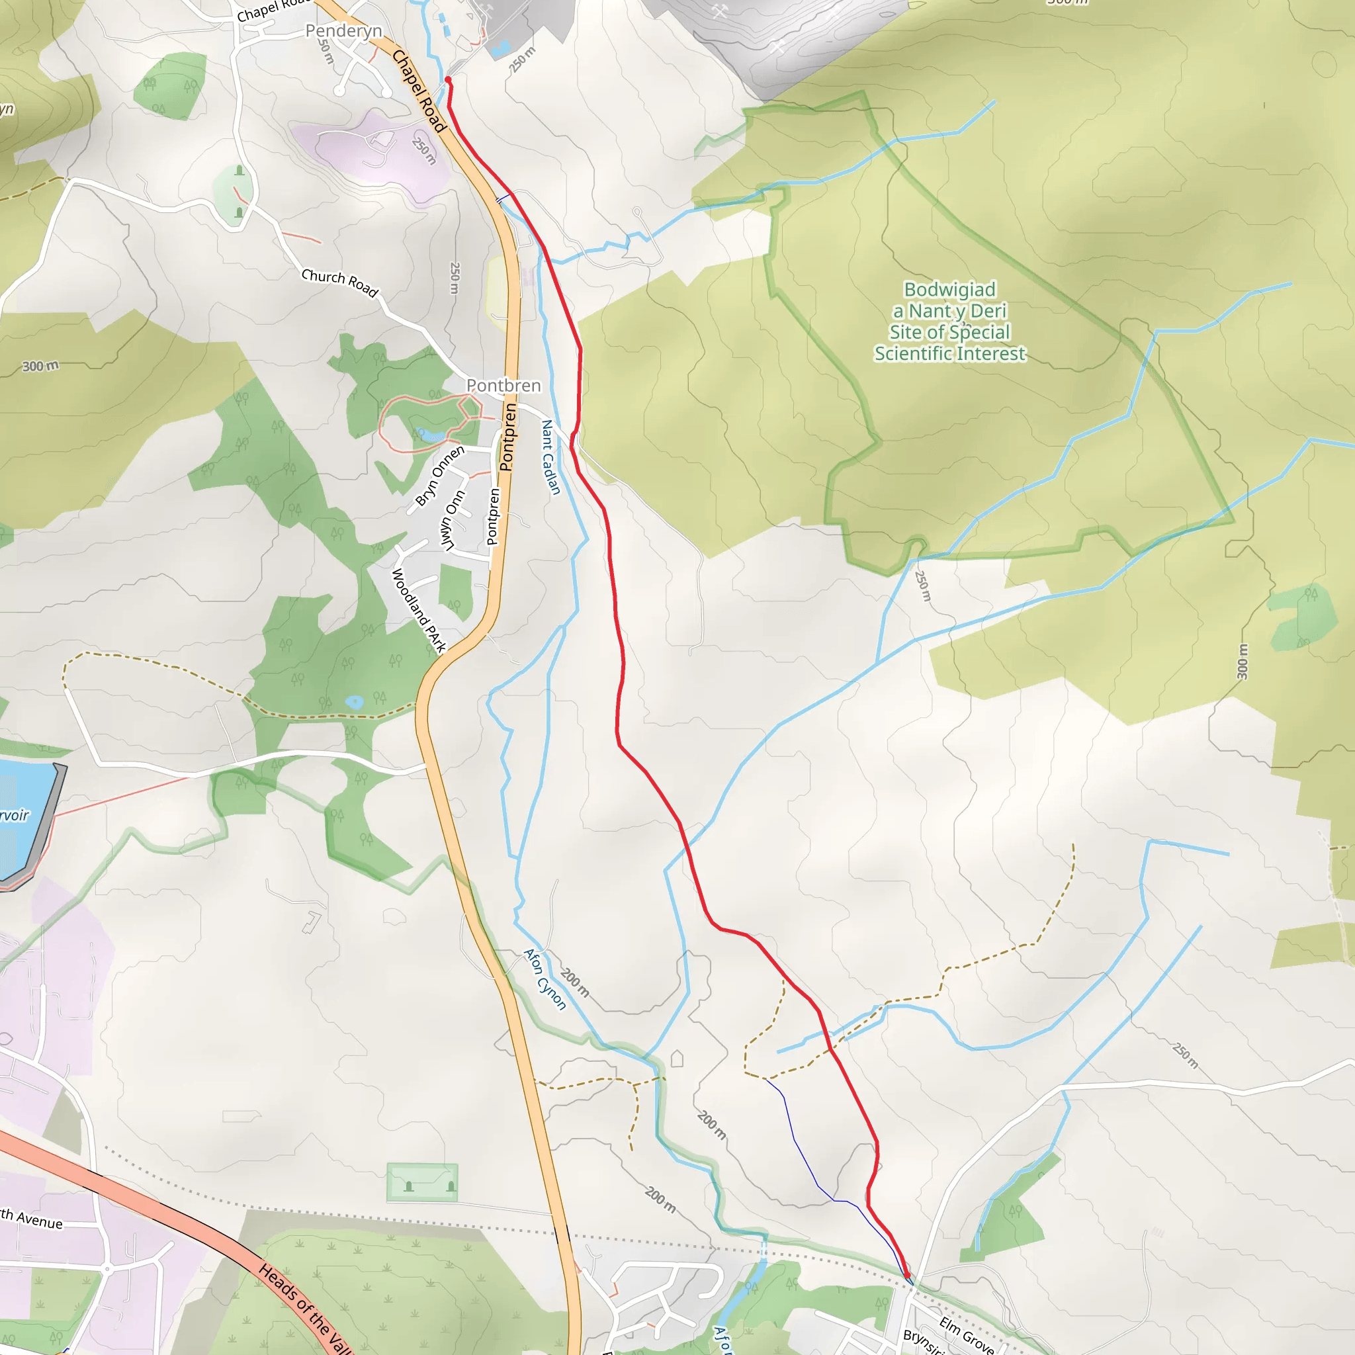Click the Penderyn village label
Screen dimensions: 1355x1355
343,31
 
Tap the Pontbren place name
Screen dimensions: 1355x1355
503,386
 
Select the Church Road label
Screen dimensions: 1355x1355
339,283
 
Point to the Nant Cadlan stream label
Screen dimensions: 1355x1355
551,457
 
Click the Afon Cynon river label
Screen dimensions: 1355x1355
545,979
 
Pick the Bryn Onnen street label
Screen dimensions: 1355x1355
440,476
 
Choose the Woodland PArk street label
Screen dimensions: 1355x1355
419,611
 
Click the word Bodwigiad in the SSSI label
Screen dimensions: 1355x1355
949,290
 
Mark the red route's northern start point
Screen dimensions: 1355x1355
448,81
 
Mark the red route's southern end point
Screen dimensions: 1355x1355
908,1276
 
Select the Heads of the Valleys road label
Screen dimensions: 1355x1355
305,1309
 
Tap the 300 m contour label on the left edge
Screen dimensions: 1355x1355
40,366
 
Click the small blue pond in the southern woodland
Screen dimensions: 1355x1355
354,702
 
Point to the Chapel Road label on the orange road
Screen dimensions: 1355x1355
419,91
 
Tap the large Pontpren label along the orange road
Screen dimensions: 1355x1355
509,437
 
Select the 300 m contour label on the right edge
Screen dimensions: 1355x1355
1242,662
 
